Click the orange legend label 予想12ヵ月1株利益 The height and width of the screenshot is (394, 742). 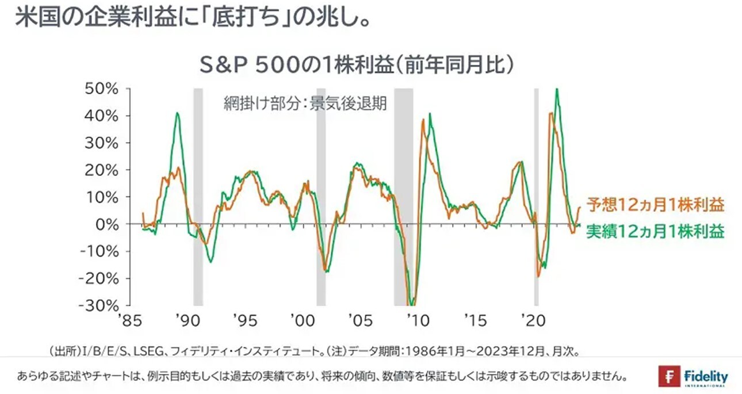pos(655,205)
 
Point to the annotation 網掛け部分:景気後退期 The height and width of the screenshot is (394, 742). pos(305,105)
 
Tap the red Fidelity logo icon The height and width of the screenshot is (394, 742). pos(669,377)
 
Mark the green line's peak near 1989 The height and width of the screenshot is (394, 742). pos(178,113)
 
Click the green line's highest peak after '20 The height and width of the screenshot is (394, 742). pos(557,90)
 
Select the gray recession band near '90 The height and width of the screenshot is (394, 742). pos(198,196)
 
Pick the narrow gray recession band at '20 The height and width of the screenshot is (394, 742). pos(536,196)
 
